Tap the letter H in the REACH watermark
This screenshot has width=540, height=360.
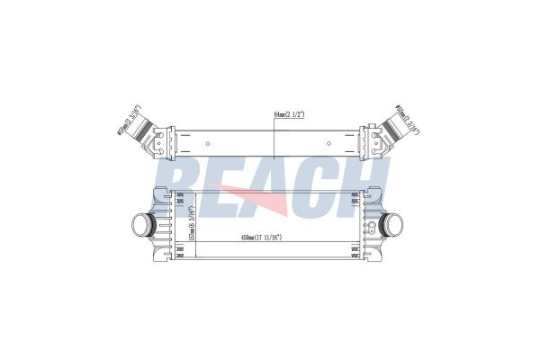coord(369,184)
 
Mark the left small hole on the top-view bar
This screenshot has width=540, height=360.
coord(209,143)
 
